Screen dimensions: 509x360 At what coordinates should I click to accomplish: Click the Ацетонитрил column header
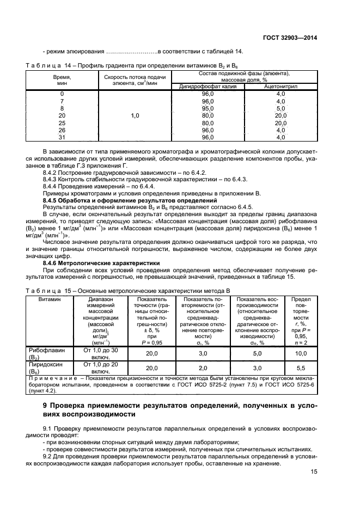[x=280, y=87]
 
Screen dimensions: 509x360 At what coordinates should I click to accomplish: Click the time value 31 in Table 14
[x=62, y=137]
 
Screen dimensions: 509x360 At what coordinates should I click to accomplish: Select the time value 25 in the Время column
[x=62, y=123]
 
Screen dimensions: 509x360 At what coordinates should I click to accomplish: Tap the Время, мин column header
[x=62, y=80]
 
